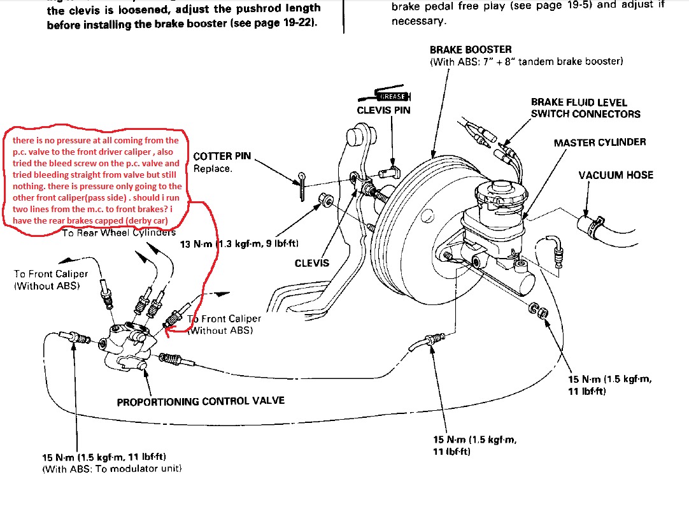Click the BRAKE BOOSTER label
(470, 50)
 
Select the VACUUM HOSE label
(616, 175)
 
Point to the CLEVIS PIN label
(383, 110)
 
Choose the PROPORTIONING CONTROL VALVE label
(201, 401)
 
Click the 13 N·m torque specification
(239, 243)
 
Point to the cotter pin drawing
(304, 182)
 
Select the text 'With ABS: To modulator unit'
(112, 469)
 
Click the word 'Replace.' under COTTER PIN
(213, 169)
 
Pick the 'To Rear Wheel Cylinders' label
(118, 232)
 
